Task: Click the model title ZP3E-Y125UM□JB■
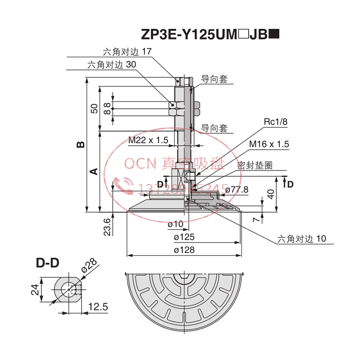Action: click(x=211, y=35)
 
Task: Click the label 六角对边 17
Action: click(x=127, y=51)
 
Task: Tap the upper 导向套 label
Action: click(x=214, y=79)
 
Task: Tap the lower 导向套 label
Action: click(x=214, y=128)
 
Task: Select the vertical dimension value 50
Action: click(x=94, y=108)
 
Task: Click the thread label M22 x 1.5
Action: click(x=148, y=140)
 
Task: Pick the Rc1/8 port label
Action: click(x=275, y=121)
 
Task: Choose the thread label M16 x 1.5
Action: click(x=269, y=144)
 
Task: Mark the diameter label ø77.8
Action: click(x=236, y=189)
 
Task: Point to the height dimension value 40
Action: click(x=270, y=194)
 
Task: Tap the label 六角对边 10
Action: click(x=301, y=238)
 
